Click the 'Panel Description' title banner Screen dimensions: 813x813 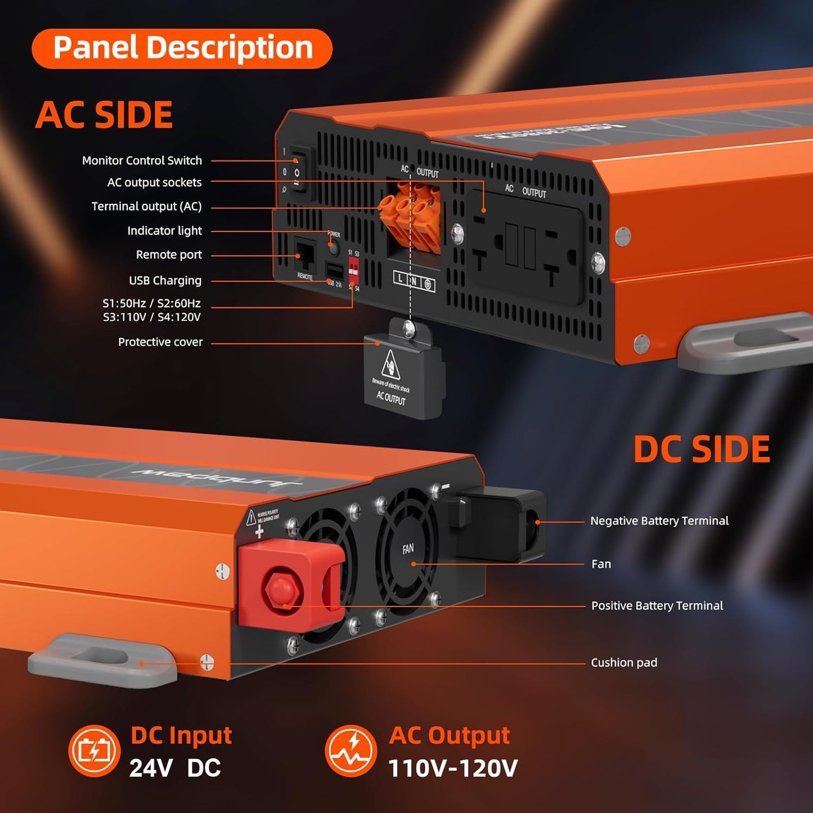click(182, 48)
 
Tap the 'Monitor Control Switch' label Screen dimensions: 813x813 click(142, 161)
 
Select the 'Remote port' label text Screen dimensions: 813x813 click(169, 255)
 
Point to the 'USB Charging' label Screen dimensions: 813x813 click(165, 281)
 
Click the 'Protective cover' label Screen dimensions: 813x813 click(160, 342)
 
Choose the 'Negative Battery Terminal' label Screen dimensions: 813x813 click(659, 521)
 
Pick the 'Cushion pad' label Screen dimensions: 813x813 click(623, 663)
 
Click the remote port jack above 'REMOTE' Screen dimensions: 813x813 click(305, 256)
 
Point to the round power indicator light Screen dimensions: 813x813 click(334, 246)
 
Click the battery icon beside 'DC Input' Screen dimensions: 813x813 click(95, 751)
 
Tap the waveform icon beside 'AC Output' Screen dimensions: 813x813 click(351, 751)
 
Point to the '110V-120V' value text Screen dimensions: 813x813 click(453, 769)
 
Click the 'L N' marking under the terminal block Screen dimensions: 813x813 click(414, 281)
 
